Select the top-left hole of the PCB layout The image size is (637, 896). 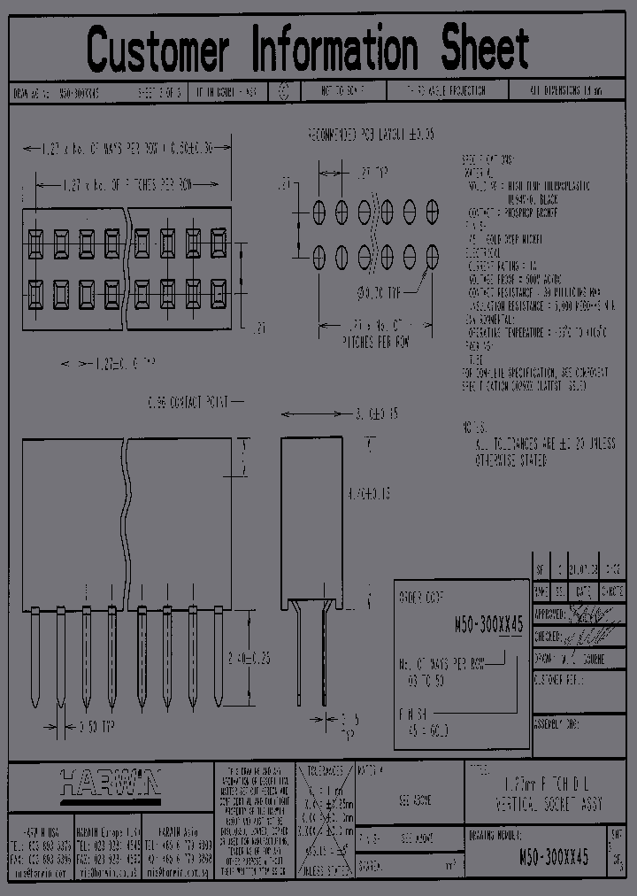tap(319, 212)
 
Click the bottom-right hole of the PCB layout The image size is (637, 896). tap(433, 257)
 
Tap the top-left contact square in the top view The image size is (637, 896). tap(35, 240)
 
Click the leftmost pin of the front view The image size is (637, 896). tap(35, 656)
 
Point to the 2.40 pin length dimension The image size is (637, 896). tap(249, 658)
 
